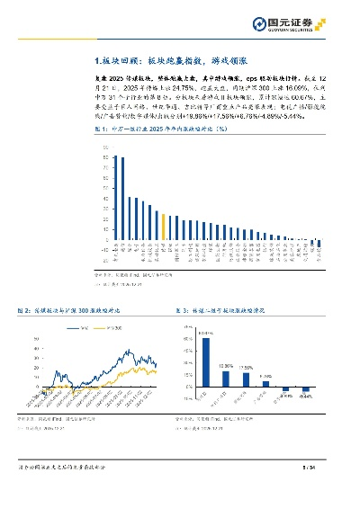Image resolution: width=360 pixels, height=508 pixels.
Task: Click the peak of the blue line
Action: (x=128, y=351)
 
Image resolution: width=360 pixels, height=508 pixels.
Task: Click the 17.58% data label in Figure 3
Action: (x=248, y=368)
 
